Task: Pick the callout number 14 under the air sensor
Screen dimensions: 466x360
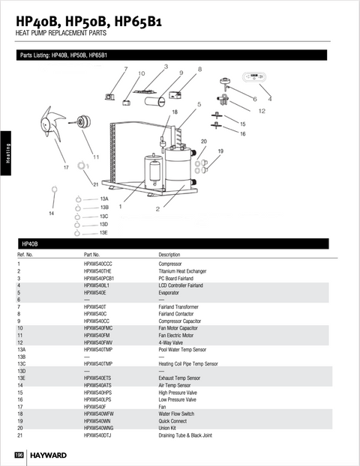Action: pos(51,214)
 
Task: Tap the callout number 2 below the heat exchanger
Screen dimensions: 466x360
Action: pos(157,209)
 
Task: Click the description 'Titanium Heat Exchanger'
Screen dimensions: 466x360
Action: pos(182,271)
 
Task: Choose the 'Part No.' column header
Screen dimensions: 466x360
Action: pos(91,255)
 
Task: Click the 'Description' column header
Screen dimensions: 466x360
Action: pos(169,255)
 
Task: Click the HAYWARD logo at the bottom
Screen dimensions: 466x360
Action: pos(48,455)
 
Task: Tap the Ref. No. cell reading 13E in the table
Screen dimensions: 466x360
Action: pos(22,378)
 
